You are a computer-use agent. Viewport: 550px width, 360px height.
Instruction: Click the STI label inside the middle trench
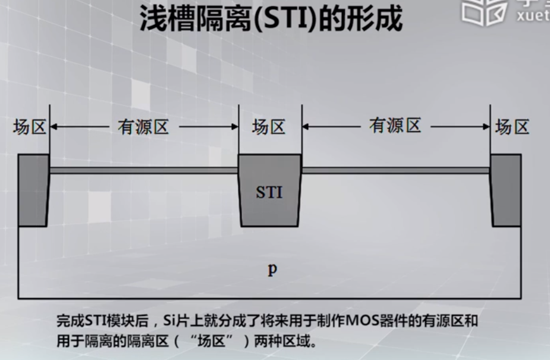point(269,193)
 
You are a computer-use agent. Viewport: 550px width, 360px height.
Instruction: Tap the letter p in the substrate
point(272,270)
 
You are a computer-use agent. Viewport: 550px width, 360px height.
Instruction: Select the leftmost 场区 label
point(30,127)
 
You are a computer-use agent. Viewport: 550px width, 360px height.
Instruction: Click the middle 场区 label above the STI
point(269,127)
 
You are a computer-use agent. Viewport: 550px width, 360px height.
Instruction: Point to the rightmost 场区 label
point(512,127)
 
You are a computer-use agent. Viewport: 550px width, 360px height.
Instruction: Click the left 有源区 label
point(144,127)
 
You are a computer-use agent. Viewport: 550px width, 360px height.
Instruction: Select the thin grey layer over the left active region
point(144,170)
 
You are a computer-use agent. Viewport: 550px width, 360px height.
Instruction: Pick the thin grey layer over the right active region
point(395,170)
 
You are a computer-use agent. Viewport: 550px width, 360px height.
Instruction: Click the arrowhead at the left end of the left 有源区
point(54,127)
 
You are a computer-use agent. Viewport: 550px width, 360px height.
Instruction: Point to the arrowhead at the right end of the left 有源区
point(234,127)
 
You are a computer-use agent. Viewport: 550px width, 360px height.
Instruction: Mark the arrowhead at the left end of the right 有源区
point(306,126)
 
